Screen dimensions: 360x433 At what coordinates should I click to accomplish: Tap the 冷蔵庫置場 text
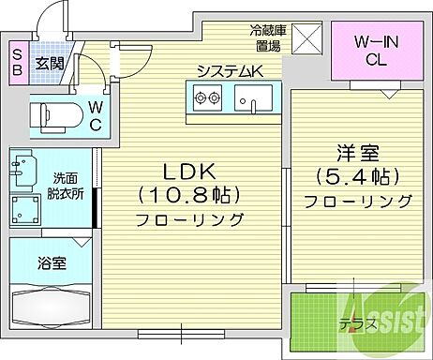pos(268,37)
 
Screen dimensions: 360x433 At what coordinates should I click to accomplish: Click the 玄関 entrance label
pos(49,64)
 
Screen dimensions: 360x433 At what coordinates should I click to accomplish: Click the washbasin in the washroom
pos(25,168)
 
